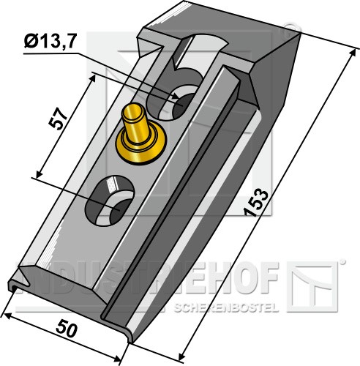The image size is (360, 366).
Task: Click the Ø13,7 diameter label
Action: tap(50, 42)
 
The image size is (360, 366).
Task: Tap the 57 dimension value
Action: tap(58, 119)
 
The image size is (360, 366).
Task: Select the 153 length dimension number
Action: tap(257, 203)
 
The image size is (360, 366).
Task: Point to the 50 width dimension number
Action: tap(67, 330)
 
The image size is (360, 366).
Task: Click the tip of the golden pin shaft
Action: tap(132, 111)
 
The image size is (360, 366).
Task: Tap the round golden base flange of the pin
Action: tap(137, 144)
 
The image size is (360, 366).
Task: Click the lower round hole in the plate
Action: tap(110, 200)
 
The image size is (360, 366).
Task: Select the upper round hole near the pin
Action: tap(175, 102)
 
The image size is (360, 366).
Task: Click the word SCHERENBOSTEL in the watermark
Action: tap(226, 307)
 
